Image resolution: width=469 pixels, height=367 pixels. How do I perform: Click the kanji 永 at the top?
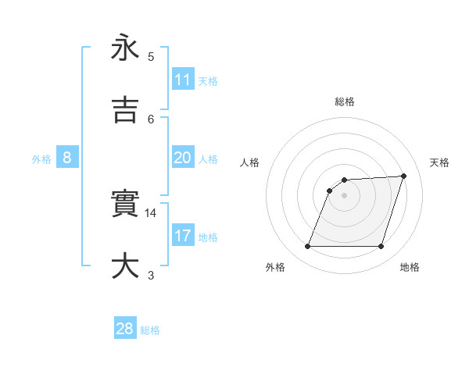[x=125, y=48]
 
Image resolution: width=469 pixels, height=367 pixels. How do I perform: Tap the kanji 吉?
[x=125, y=110]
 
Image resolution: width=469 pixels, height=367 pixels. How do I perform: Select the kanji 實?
[x=125, y=204]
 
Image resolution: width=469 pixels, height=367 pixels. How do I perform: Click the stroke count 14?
[x=152, y=212]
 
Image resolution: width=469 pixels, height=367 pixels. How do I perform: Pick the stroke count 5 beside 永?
[x=151, y=56]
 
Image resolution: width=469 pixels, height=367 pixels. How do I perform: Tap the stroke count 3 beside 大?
[x=151, y=275]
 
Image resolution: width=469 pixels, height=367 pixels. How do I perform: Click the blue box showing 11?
[x=183, y=80]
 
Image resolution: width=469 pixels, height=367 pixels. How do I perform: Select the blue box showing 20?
[x=183, y=158]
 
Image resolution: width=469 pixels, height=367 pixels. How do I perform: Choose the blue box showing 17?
[x=183, y=236]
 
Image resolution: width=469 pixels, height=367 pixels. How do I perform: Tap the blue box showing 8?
[x=67, y=158]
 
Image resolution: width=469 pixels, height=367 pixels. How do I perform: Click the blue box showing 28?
[x=125, y=329]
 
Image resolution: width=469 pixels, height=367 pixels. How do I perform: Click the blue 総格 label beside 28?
[x=150, y=330]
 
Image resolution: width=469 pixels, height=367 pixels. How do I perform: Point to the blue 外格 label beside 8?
[x=41, y=159]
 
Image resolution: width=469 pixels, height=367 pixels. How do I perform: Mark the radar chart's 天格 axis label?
[x=439, y=162]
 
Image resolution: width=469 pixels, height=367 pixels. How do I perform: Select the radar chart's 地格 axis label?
[x=410, y=267]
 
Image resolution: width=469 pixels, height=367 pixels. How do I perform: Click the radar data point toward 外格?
[x=307, y=247]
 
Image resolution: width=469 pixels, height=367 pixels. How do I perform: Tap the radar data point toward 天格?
[x=404, y=176]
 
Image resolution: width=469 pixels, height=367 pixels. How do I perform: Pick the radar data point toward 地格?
[x=381, y=247]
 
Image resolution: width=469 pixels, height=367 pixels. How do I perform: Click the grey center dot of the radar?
[x=344, y=195]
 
